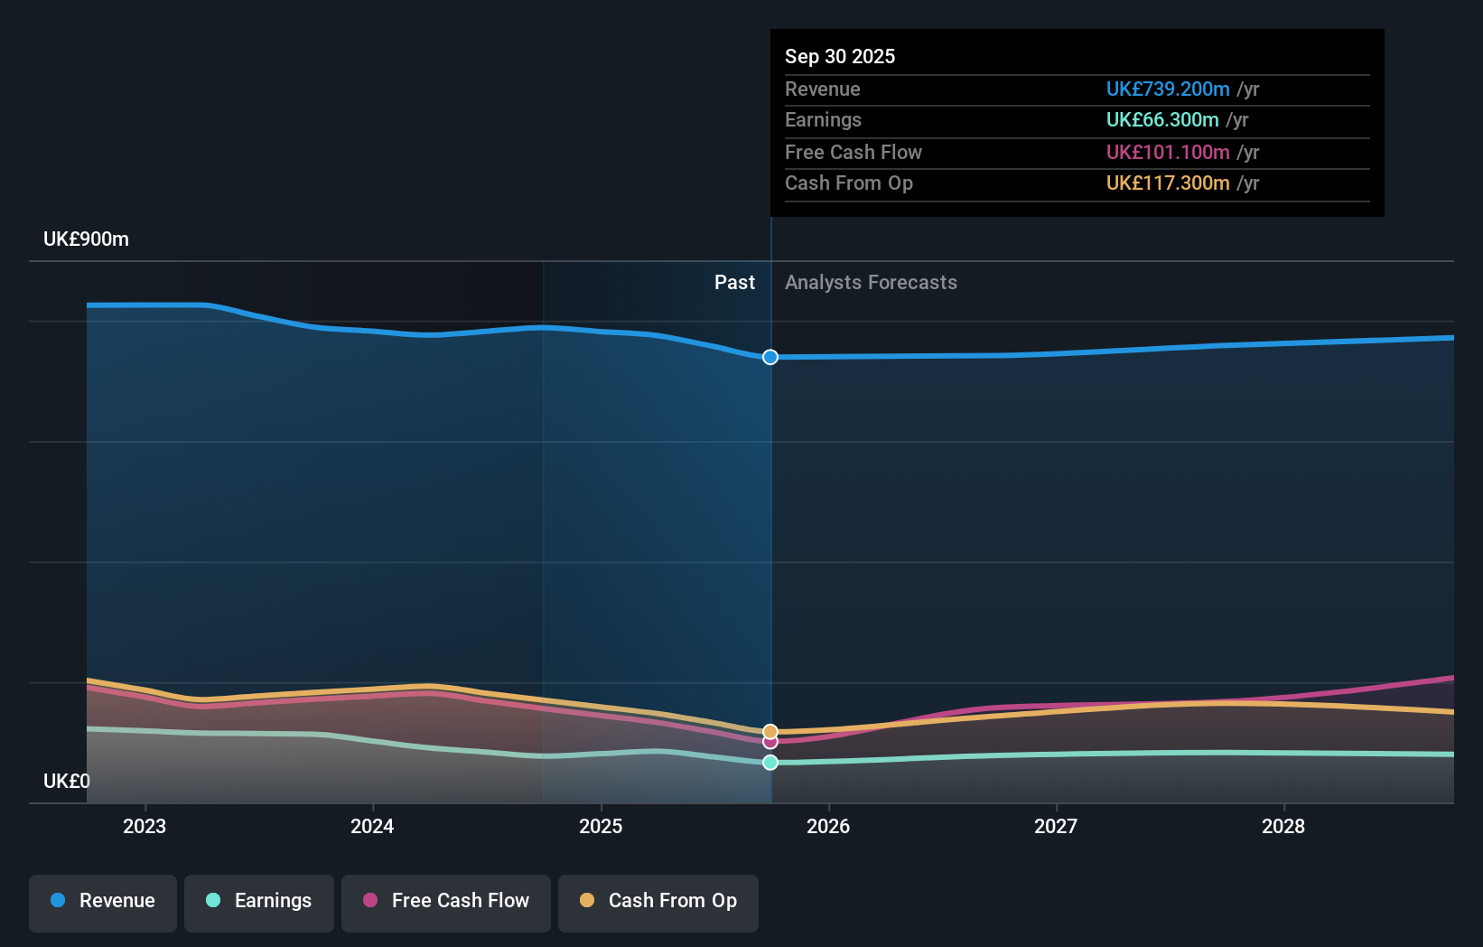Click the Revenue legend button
pyautogui.click(x=103, y=901)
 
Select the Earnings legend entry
pyautogui.click(x=259, y=901)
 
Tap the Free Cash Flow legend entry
pyautogui.click(x=446, y=901)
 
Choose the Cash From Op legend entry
pyautogui.click(x=658, y=901)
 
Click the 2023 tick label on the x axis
pyautogui.click(x=145, y=827)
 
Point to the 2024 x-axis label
pyautogui.click(x=372, y=827)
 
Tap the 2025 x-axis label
pyautogui.click(x=601, y=827)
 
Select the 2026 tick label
pyautogui.click(x=828, y=827)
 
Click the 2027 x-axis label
pyautogui.click(x=1056, y=827)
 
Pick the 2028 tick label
pyautogui.click(x=1283, y=827)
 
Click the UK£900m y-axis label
pyautogui.click(x=86, y=239)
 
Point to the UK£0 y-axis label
pyautogui.click(x=66, y=782)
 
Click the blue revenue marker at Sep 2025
pyautogui.click(x=770, y=358)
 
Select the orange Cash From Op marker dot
pyautogui.click(x=770, y=731)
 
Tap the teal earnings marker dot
pyautogui.click(x=770, y=763)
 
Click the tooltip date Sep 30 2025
pyautogui.click(x=840, y=57)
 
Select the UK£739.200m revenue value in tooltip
pyautogui.click(x=1167, y=89)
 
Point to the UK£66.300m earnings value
pyautogui.click(x=1161, y=120)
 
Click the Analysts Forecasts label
pyautogui.click(x=871, y=283)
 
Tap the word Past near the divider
pyautogui.click(x=734, y=283)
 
